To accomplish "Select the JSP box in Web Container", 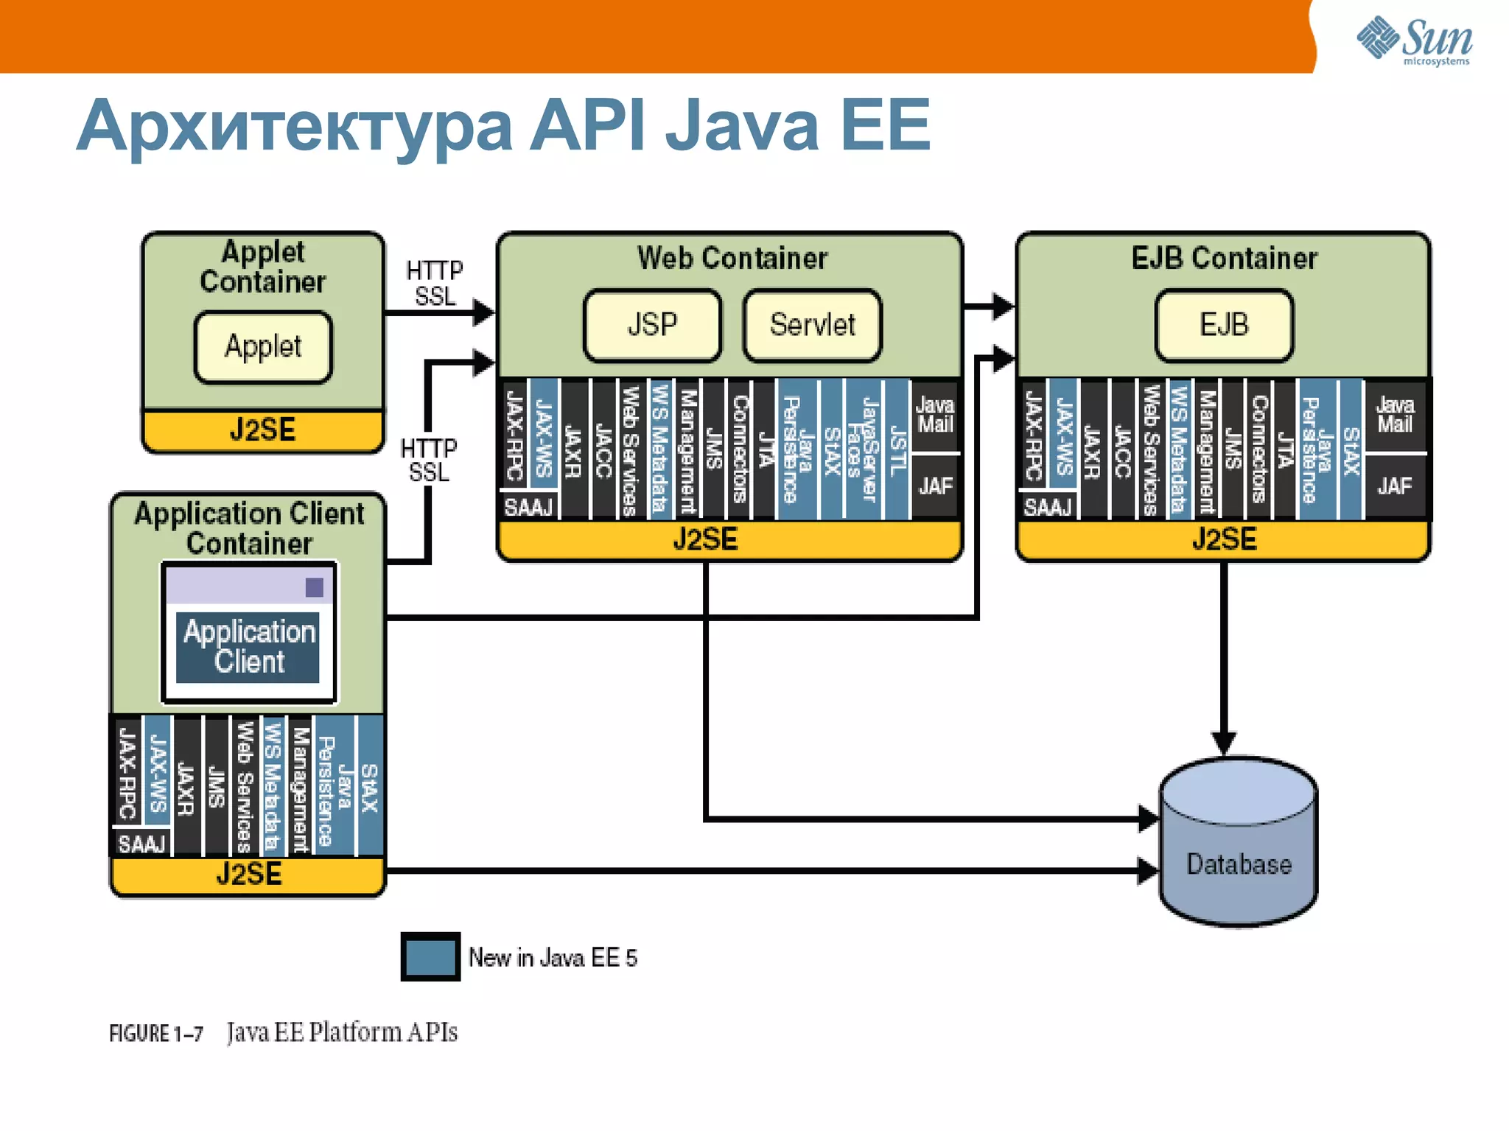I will pos(652,325).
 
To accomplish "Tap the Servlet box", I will pos(812,325).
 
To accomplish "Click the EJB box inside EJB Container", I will pos(1224,325).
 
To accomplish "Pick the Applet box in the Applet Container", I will pos(263,347).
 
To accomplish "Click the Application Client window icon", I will pos(249,633).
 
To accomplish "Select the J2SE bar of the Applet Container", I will pos(263,430).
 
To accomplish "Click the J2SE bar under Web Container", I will pos(706,540).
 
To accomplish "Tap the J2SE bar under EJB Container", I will pos(1224,540).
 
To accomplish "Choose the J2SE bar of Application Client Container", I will pos(249,875).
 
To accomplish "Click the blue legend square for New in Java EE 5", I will pos(430,957).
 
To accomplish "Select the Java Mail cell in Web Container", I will pos(934,415).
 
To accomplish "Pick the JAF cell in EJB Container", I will pos(1394,486).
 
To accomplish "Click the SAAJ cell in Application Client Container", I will pos(141,844).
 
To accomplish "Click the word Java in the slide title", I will pos(742,127).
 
